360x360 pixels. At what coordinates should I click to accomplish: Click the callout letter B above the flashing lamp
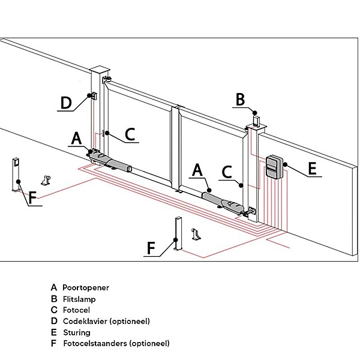[x=240, y=99]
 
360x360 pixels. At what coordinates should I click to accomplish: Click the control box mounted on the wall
[x=274, y=166]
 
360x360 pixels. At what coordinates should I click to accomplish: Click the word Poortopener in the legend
[x=86, y=287]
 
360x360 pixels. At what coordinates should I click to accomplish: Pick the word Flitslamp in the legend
[x=79, y=299]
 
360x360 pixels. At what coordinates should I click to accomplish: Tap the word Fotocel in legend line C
[x=76, y=310]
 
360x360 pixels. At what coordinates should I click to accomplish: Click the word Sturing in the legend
[x=76, y=332]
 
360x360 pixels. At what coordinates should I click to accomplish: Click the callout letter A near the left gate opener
[x=76, y=138]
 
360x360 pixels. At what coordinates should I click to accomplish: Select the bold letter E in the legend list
[x=54, y=332]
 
